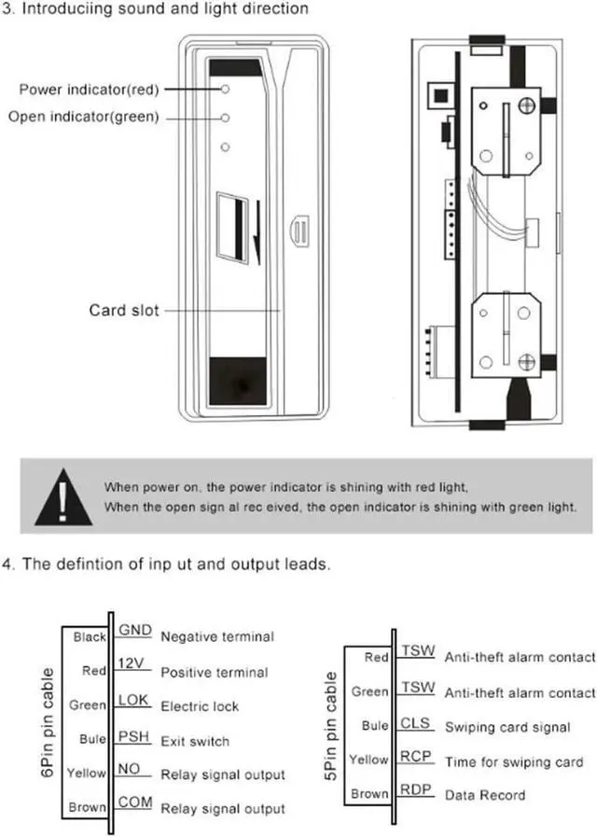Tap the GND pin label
click(134, 630)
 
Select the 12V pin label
click(132, 664)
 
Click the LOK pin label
click(134, 700)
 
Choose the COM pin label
click(134, 802)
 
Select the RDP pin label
click(416, 790)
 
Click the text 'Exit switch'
click(195, 742)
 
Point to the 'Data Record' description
click(485, 796)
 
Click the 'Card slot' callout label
click(124, 311)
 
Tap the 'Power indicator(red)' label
click(89, 90)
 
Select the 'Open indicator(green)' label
click(83, 117)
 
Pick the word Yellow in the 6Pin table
click(88, 774)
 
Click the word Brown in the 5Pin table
click(369, 795)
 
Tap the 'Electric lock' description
click(200, 706)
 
